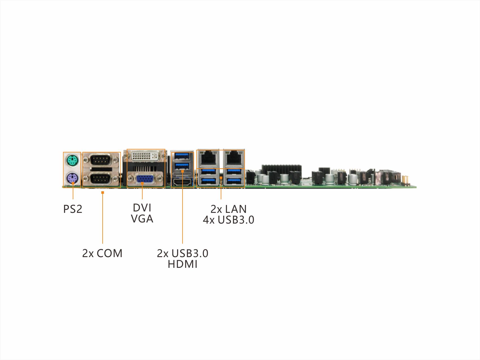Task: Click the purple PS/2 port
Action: tap(72, 178)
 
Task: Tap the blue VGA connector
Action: tap(145, 179)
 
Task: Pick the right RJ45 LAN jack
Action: tap(234, 157)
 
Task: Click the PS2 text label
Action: tap(72, 209)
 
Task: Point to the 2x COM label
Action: tap(102, 253)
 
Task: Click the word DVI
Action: tap(142, 208)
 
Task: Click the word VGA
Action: tap(142, 219)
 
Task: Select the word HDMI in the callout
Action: tap(182, 264)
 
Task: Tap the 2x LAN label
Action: tap(228, 209)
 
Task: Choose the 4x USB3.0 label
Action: tap(228, 220)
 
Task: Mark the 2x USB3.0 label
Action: tap(182, 253)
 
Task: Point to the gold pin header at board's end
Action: tap(406, 180)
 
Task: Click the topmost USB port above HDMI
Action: tap(182, 155)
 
